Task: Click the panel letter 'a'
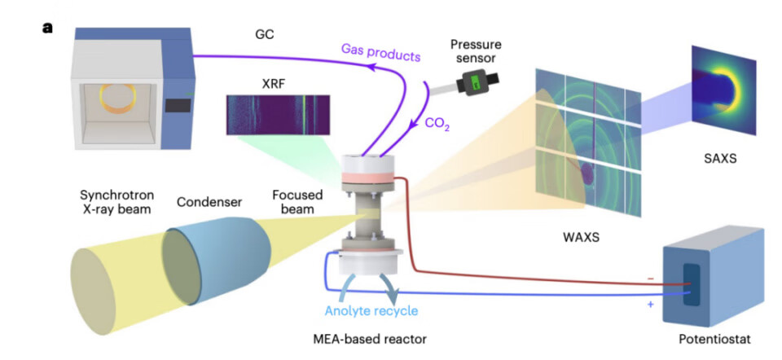coord(47,29)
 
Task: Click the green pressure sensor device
coord(472,82)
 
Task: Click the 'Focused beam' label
coord(297,202)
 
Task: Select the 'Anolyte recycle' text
coord(371,310)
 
